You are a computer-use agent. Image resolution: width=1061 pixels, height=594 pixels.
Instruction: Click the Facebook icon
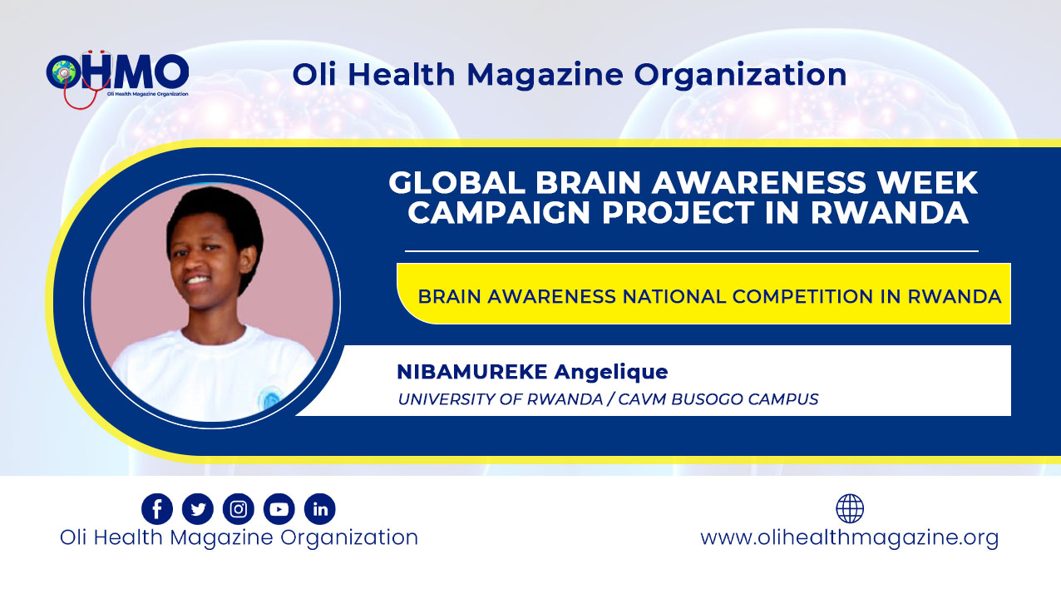[157, 508]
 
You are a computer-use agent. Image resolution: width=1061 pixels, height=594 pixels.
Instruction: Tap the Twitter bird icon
[198, 508]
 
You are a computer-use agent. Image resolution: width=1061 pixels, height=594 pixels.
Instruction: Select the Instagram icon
[239, 508]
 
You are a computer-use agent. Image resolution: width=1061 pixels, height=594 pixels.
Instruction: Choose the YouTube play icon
[279, 508]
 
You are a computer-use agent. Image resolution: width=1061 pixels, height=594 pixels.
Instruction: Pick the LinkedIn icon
[320, 508]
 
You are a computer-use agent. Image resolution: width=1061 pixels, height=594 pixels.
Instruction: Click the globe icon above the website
[850, 508]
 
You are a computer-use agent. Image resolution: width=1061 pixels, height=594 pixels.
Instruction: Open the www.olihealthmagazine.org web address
[850, 537]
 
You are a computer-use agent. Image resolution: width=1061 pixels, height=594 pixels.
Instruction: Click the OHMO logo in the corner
[117, 78]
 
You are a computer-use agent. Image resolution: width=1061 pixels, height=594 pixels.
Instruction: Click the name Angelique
[611, 373]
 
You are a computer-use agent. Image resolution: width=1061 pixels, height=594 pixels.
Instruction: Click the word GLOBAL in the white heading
[457, 182]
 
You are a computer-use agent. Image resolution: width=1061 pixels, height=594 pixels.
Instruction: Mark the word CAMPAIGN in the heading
[501, 212]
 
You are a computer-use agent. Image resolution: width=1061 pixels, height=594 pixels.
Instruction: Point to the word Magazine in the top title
[545, 76]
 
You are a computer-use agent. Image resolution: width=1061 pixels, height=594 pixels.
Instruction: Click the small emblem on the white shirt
[269, 397]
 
